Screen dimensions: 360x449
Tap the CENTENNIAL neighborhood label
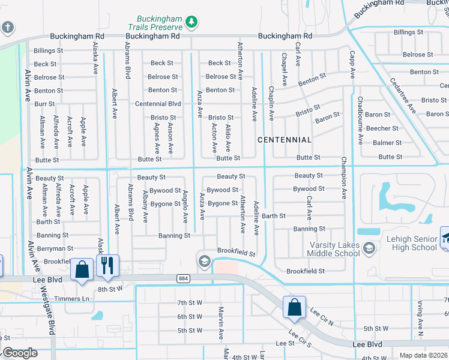click(x=285, y=140)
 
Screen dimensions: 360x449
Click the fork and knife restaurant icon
click(x=107, y=266)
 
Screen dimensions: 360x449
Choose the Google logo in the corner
click(x=19, y=353)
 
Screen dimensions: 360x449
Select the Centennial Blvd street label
click(x=158, y=104)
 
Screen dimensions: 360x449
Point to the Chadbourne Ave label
click(x=360, y=120)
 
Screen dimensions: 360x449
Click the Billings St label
click(x=49, y=51)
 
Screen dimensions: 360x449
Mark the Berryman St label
click(x=55, y=248)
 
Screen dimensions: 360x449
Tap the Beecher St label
click(x=382, y=128)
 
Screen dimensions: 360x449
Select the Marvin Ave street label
click(x=221, y=322)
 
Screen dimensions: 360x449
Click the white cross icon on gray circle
click(x=7, y=27)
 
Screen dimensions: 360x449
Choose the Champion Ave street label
click(x=344, y=178)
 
